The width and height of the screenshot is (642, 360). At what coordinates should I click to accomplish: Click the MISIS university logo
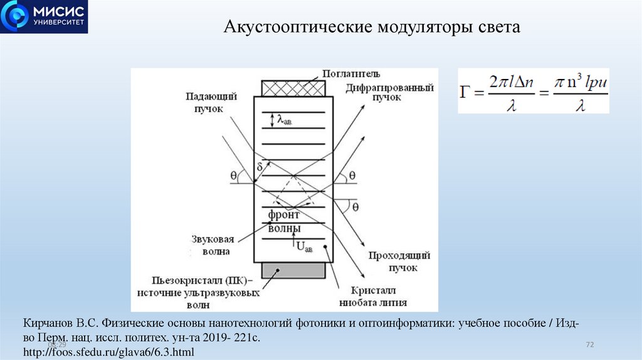coord(44,16)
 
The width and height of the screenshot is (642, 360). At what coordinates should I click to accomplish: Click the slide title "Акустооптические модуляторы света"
coord(372,28)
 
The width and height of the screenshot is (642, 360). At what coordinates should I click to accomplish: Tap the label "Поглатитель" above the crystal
coord(350,75)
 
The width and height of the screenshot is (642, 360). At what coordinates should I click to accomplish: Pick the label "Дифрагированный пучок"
coord(389,93)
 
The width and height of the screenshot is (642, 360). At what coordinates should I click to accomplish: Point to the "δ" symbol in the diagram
coord(260,167)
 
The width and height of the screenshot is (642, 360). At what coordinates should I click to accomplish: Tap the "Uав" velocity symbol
coord(303,246)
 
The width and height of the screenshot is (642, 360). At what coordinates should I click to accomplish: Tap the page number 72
coord(589,344)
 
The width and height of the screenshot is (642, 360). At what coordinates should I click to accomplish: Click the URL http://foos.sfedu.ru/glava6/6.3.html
coord(109,352)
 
